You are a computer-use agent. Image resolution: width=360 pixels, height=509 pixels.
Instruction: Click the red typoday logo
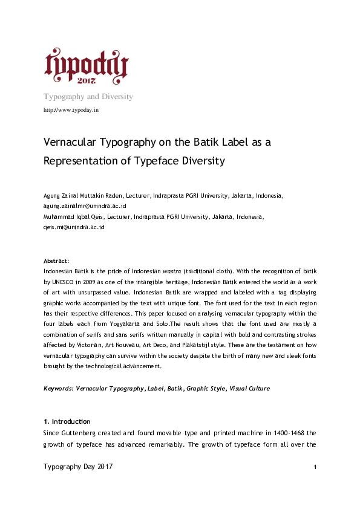pos(86,65)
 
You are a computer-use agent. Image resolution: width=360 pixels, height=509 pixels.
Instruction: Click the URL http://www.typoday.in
pos(71,110)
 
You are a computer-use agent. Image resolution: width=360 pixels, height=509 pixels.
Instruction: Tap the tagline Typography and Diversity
pos(88,97)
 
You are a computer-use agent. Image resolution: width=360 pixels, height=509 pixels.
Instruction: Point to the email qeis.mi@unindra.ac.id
pos(74,227)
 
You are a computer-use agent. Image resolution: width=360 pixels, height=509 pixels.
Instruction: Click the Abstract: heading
pos(56,261)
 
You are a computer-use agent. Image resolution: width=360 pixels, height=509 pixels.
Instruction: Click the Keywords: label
pos(59,388)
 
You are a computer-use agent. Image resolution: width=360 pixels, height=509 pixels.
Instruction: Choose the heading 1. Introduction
pos(67,421)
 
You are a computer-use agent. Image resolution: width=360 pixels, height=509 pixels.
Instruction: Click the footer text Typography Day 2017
pos(78,467)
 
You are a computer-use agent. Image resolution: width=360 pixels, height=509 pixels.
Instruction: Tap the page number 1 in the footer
pos(316,468)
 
